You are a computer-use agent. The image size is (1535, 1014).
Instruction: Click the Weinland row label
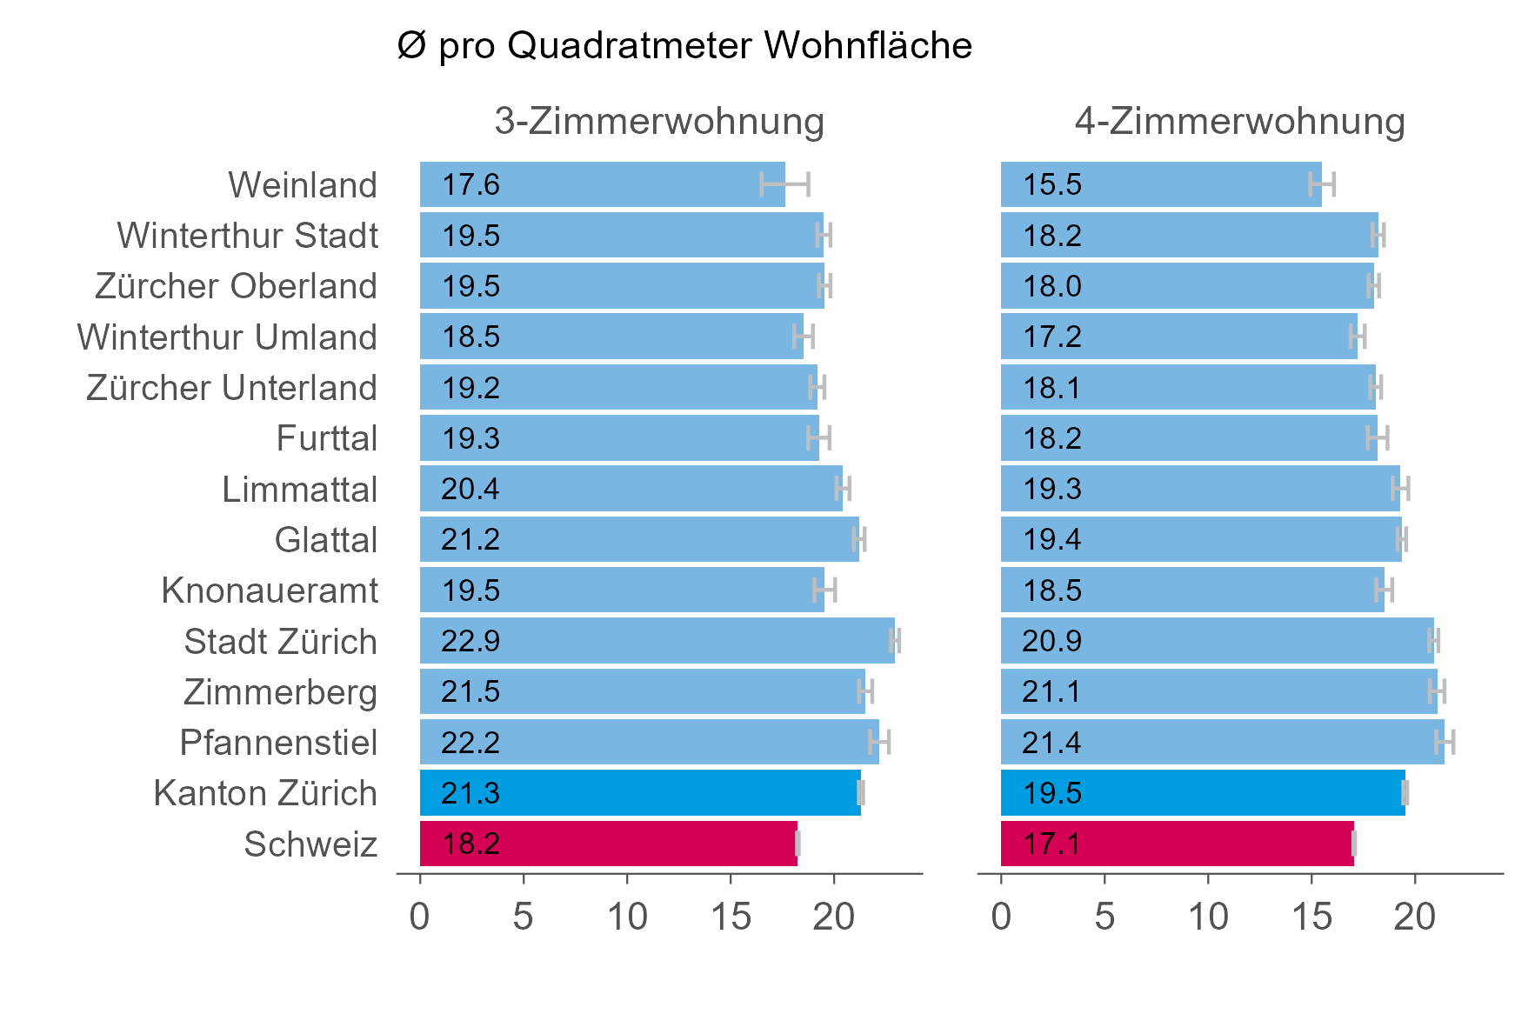(x=302, y=185)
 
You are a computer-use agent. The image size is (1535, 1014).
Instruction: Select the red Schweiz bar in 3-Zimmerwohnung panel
(x=609, y=844)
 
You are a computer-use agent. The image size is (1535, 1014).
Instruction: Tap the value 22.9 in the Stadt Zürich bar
(x=471, y=642)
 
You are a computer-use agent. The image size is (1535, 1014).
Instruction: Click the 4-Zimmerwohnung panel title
(x=1239, y=121)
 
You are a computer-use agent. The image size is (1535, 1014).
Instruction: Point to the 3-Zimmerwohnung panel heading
(x=658, y=121)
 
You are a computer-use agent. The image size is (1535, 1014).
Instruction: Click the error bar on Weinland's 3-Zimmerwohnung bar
(x=784, y=184)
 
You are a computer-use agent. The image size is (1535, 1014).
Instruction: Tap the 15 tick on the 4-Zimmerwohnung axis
(x=1311, y=917)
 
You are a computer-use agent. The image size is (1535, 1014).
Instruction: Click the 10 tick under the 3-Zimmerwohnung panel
(x=627, y=917)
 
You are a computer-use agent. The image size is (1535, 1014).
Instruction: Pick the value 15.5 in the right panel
(x=1051, y=185)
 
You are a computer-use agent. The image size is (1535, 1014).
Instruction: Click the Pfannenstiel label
(x=278, y=744)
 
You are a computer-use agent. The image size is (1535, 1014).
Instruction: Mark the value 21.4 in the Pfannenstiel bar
(x=1051, y=744)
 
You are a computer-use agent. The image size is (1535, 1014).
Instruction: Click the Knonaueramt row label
(x=270, y=591)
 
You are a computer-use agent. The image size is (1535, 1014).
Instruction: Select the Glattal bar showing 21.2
(x=639, y=540)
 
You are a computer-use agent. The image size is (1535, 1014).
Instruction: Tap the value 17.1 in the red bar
(x=1051, y=844)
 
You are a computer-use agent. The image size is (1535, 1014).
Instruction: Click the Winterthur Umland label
(x=227, y=337)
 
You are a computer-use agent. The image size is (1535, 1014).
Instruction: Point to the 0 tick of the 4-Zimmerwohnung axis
(x=1001, y=917)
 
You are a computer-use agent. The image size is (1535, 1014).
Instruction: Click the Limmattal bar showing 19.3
(x=1200, y=489)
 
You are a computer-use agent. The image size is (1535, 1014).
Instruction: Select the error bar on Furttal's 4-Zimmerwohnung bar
(x=1378, y=438)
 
